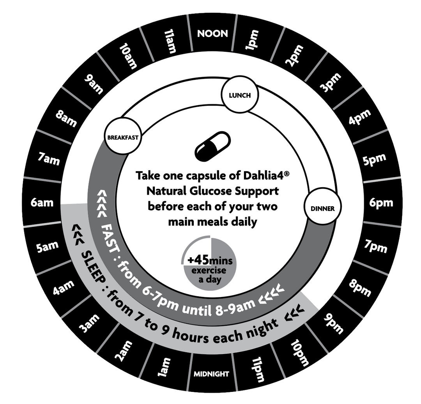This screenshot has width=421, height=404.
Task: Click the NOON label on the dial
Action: (x=212, y=34)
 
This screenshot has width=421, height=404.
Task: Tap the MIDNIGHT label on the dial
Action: (x=212, y=374)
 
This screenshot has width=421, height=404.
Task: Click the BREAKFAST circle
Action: (x=123, y=137)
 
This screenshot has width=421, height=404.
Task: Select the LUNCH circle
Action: (x=240, y=95)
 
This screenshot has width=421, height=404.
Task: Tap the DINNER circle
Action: (x=323, y=209)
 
